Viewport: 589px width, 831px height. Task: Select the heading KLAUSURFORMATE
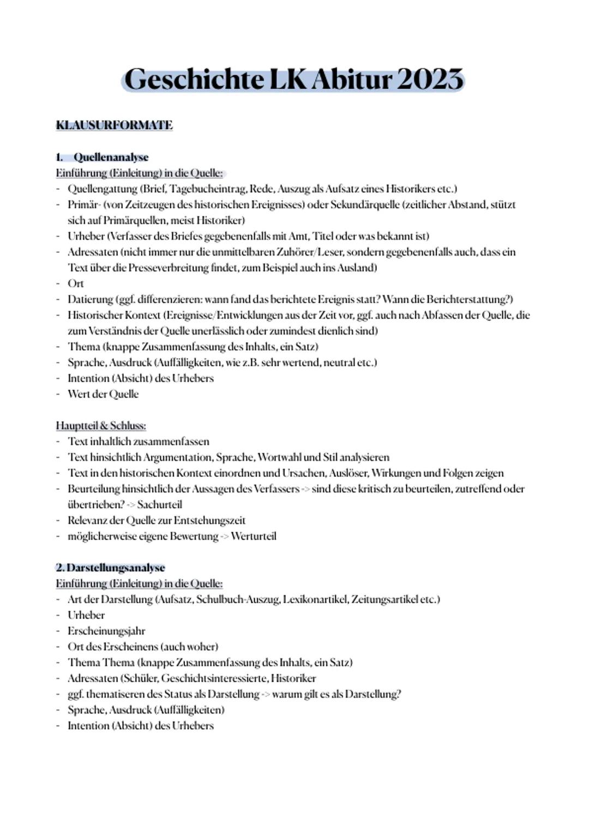pyautogui.click(x=114, y=125)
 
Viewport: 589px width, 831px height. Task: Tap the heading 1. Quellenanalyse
pyautogui.click(x=102, y=157)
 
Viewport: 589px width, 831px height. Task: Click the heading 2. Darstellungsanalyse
pyautogui.click(x=110, y=567)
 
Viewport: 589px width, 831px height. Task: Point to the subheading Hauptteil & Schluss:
pyautogui.click(x=101, y=425)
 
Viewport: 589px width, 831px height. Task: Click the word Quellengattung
pyautogui.click(x=102, y=189)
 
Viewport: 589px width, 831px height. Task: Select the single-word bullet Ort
pyautogui.click(x=75, y=283)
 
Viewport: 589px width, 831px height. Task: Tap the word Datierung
pyautogui.click(x=90, y=299)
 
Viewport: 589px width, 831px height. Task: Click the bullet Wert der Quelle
pyautogui.click(x=103, y=394)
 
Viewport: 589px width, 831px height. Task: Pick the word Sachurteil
pyautogui.click(x=159, y=505)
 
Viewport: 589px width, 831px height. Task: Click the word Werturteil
pyautogui.click(x=253, y=536)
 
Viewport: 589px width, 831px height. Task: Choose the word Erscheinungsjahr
pyautogui.click(x=106, y=631)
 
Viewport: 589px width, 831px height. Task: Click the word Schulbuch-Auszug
pyautogui.click(x=236, y=599)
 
